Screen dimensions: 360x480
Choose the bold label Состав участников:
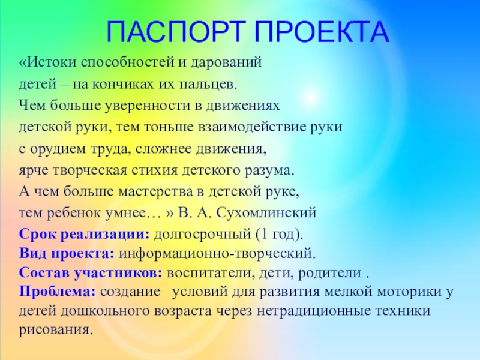point(91,273)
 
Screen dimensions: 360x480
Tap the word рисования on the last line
point(57,330)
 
